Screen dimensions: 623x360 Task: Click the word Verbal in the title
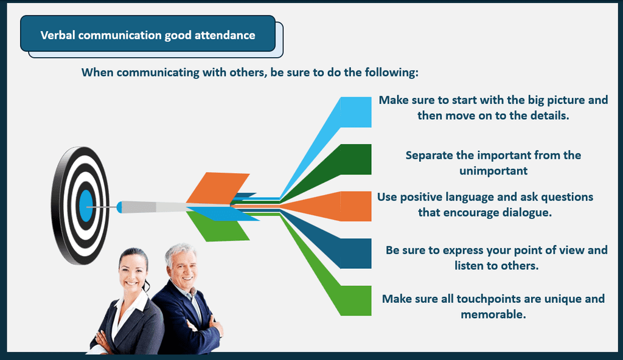pyautogui.click(x=58, y=35)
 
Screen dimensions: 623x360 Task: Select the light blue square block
pyautogui.click(x=356, y=112)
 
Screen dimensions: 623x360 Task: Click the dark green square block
pyautogui.click(x=356, y=159)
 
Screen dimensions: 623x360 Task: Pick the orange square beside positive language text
pyautogui.click(x=356, y=206)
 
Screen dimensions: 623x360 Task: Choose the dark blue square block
pyautogui.click(x=356, y=254)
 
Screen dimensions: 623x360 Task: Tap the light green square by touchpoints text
pyautogui.click(x=356, y=300)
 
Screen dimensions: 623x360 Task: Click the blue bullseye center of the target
pyautogui.click(x=86, y=206)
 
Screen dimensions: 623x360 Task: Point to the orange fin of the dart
pyautogui.click(x=218, y=189)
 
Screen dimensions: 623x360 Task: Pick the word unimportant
pyautogui.click(x=493, y=171)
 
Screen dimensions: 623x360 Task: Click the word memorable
pyautogui.click(x=493, y=314)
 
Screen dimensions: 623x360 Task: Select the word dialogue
pyautogui.click(x=527, y=213)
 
